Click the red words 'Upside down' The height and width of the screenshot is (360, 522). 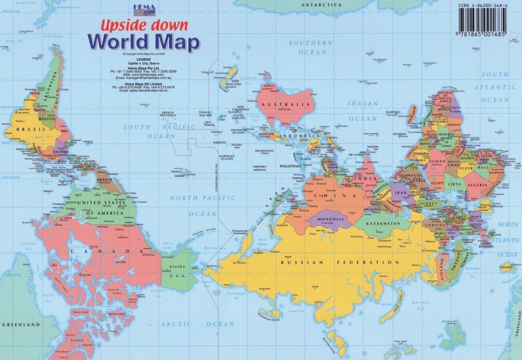tap(143, 26)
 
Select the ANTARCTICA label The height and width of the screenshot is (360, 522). tap(321, 5)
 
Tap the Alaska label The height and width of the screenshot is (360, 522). tap(174, 268)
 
